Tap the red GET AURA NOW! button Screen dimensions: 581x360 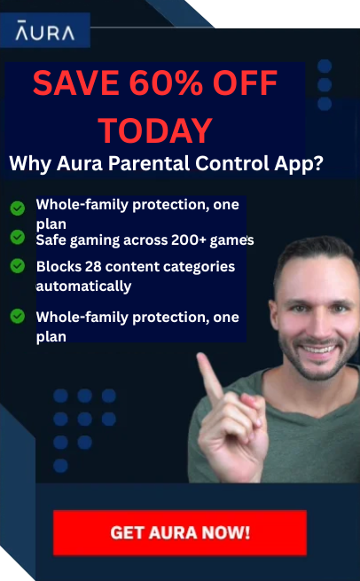[x=179, y=533]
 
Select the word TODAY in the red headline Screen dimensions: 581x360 [x=155, y=130]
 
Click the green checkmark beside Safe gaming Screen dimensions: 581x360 [x=17, y=238]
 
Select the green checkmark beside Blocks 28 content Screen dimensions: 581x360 [x=17, y=265]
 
